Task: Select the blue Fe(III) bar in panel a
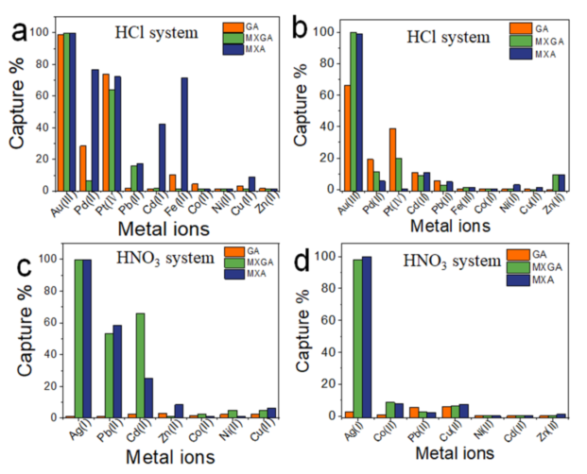(x=185, y=133)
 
